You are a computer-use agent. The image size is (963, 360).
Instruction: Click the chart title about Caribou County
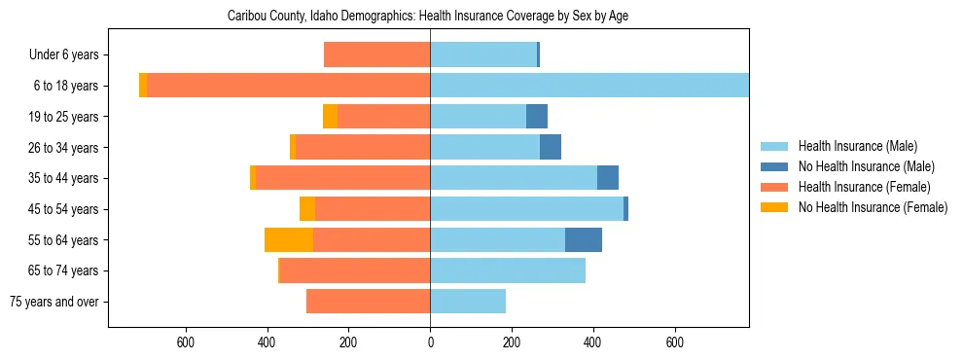tap(428, 17)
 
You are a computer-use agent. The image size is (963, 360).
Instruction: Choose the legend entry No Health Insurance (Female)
tap(872, 207)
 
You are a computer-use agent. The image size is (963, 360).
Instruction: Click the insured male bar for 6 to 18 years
tap(588, 86)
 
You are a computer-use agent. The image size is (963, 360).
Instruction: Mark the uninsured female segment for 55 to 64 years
tap(289, 239)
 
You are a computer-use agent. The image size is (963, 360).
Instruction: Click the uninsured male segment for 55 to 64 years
tap(584, 239)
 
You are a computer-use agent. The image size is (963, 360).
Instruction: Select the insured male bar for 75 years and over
tap(468, 302)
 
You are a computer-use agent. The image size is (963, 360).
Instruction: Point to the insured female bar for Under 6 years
tap(376, 54)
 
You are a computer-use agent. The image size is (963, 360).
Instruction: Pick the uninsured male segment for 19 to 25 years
tap(537, 117)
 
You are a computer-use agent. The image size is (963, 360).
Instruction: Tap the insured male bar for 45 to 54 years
tap(526, 209)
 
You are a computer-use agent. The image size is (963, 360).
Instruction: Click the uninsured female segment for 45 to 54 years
tap(307, 209)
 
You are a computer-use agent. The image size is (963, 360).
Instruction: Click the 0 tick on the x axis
tap(430, 342)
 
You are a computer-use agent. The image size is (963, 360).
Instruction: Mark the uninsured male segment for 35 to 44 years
tap(608, 178)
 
